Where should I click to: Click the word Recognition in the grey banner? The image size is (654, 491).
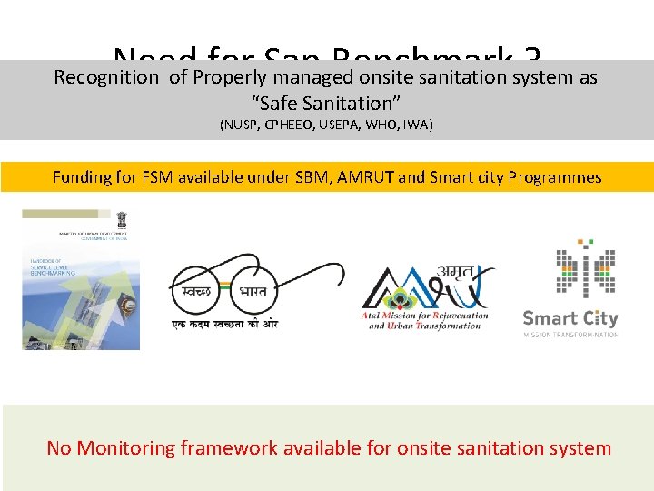click(105, 77)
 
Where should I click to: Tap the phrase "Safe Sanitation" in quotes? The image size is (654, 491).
click(326, 101)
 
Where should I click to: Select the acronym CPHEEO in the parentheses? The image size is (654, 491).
click(296, 125)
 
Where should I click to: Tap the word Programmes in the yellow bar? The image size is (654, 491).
click(553, 177)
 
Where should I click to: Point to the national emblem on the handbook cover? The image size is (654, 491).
click(122, 220)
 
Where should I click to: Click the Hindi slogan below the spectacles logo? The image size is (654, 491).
click(224, 325)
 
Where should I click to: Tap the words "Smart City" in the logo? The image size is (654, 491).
click(570, 318)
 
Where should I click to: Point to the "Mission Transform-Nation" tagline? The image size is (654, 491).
click(570, 335)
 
